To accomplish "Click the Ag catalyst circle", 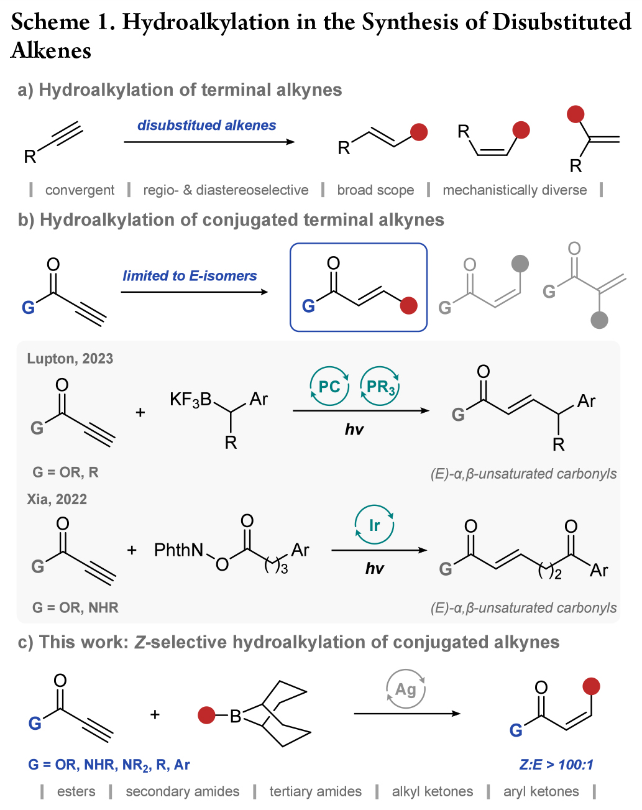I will [x=405, y=689].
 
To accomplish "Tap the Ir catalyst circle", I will [x=374, y=525].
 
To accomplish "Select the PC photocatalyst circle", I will [x=329, y=386].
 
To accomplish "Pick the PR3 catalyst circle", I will [x=380, y=386].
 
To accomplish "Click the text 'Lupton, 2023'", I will [x=70, y=359].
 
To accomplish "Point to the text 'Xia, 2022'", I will [x=57, y=499].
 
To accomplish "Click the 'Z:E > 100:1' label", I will [x=556, y=764].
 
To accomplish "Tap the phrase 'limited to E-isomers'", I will [x=190, y=275].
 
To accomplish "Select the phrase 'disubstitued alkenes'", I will [x=206, y=125].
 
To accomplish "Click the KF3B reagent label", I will [x=191, y=399].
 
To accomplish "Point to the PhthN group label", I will [x=179, y=550].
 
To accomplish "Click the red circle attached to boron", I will [x=206, y=716].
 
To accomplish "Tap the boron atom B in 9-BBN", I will [x=236, y=717].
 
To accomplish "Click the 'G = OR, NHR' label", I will [x=75, y=607].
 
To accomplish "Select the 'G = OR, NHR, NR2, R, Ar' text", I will [x=109, y=765].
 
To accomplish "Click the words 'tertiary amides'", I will [x=315, y=791].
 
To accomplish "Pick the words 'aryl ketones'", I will [x=541, y=791].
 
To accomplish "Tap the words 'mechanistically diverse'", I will [x=515, y=190].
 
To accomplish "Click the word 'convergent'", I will [x=80, y=190].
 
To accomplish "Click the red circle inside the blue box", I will [x=408, y=306].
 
